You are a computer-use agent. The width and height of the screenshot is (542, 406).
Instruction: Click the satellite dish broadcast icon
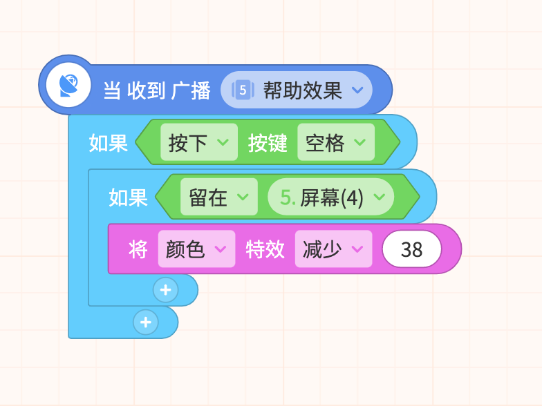click(x=68, y=85)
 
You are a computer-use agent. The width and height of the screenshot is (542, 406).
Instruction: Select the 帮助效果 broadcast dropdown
click(x=296, y=90)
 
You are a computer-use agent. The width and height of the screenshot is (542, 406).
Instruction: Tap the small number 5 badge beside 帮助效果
click(x=243, y=90)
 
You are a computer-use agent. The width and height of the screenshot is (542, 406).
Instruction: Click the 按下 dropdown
click(x=199, y=142)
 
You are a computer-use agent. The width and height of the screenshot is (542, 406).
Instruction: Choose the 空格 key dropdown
click(x=336, y=142)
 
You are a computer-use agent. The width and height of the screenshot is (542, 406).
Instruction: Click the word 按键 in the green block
click(x=268, y=142)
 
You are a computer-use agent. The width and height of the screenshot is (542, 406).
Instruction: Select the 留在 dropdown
click(x=218, y=197)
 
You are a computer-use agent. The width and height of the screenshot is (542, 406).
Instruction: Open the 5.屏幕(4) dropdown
click(x=330, y=197)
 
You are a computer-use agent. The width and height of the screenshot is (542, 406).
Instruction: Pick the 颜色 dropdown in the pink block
click(x=196, y=249)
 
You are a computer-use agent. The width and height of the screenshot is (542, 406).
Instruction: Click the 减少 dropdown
click(x=333, y=249)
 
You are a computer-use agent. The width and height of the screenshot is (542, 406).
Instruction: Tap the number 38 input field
click(x=412, y=249)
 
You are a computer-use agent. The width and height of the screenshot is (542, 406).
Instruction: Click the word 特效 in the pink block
click(x=265, y=249)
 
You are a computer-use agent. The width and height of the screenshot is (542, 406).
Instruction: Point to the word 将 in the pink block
click(x=138, y=249)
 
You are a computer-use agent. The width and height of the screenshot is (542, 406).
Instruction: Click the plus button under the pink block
click(x=166, y=290)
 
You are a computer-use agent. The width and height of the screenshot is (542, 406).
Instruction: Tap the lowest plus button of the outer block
click(x=146, y=322)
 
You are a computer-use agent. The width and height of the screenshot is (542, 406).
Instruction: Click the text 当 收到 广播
click(x=157, y=90)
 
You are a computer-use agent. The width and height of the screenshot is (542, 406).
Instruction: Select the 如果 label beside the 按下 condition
click(x=109, y=142)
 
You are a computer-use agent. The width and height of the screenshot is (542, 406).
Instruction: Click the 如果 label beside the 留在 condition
click(x=129, y=197)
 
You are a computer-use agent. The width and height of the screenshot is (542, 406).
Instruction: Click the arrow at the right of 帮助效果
click(x=357, y=90)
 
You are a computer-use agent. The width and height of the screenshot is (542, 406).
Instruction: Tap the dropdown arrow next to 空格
click(x=359, y=142)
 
